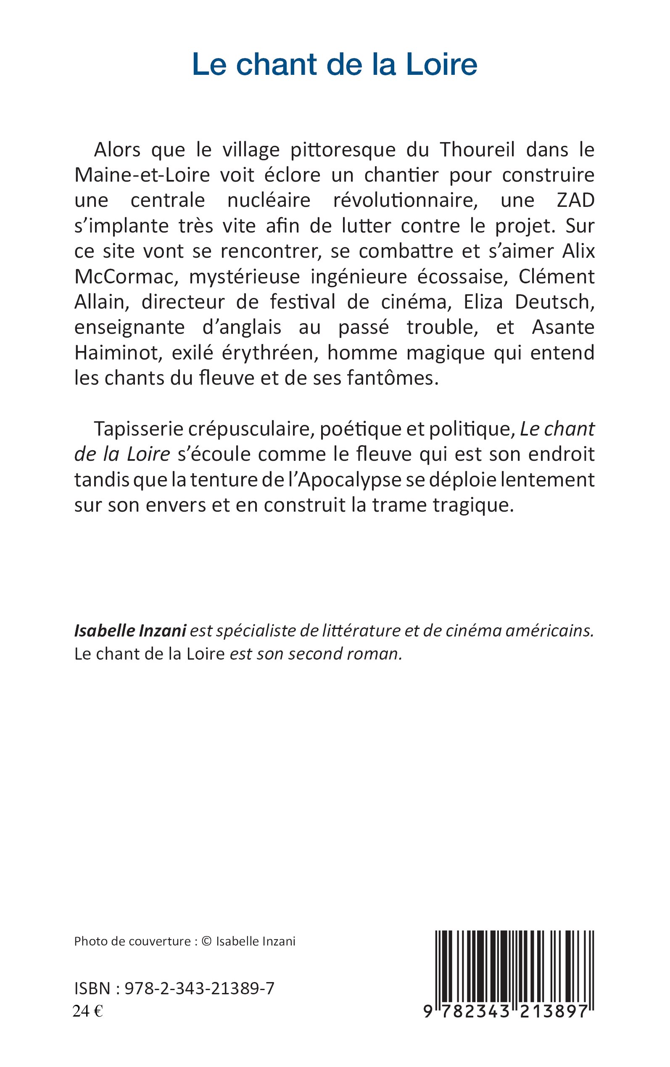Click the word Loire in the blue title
[442, 64]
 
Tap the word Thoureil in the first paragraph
[477, 150]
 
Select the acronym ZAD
[575, 201]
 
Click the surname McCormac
[125, 277]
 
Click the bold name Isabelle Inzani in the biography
[130, 631]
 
